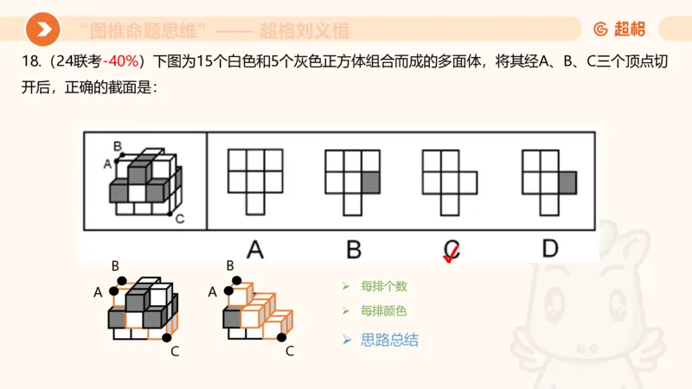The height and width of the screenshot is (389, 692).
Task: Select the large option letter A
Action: click(x=254, y=250)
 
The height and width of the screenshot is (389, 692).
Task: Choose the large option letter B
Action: click(x=353, y=250)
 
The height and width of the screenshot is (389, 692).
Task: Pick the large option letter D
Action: click(x=550, y=250)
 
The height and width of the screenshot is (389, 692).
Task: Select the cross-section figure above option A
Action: click(x=254, y=180)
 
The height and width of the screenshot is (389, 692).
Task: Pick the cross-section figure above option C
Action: click(x=448, y=180)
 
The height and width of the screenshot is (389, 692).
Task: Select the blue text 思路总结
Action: click(x=389, y=340)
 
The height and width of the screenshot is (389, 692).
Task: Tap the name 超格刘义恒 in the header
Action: click(x=305, y=31)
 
